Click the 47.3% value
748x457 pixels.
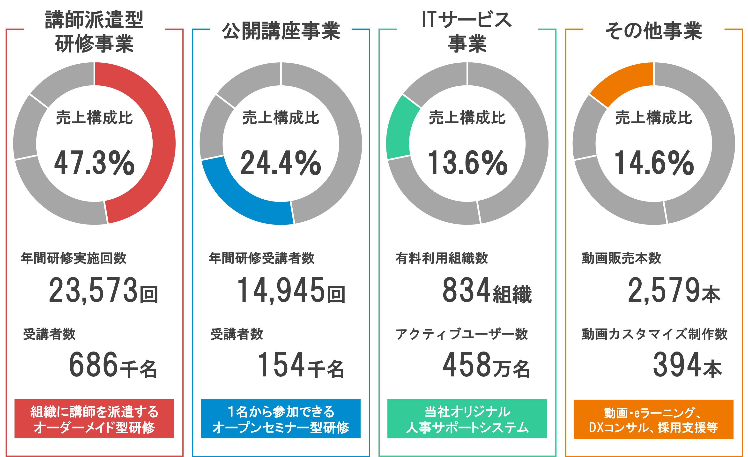(94, 163)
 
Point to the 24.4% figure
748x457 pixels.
(281, 163)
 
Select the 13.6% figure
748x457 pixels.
(467, 163)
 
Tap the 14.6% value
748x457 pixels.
(654, 163)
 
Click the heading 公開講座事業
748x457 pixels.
(281, 31)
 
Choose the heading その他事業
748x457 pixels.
(654, 31)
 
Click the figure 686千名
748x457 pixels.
(113, 365)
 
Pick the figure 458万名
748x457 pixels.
(486, 365)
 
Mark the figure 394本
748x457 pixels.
(687, 365)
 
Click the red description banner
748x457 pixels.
(94, 419)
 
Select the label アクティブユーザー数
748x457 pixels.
(461, 334)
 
